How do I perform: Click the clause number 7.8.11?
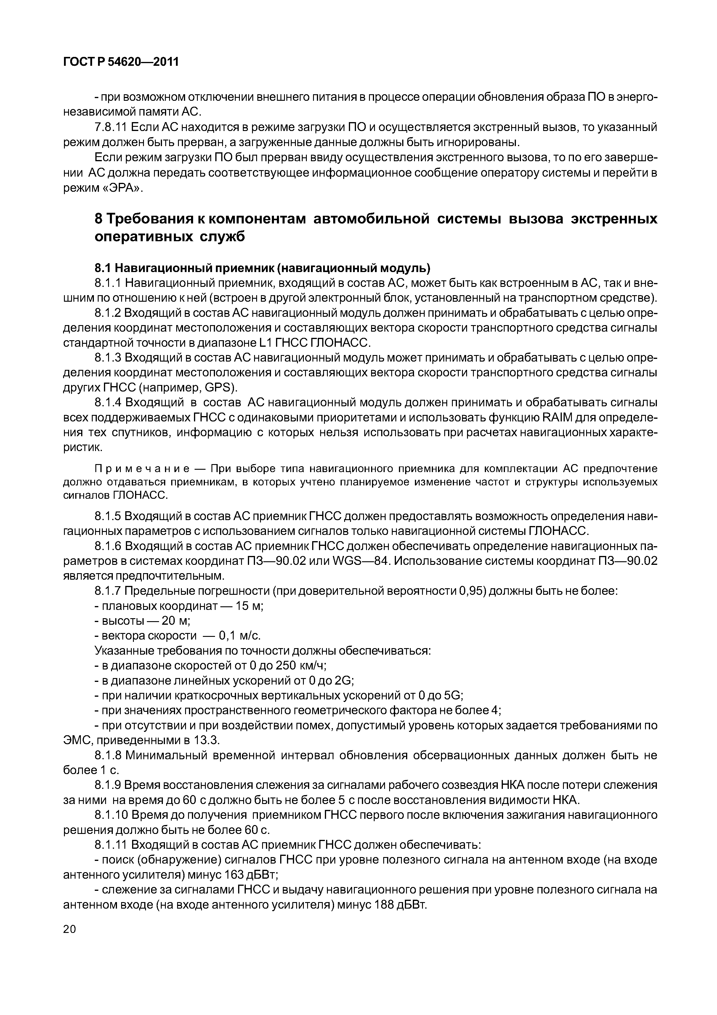(x=111, y=128)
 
